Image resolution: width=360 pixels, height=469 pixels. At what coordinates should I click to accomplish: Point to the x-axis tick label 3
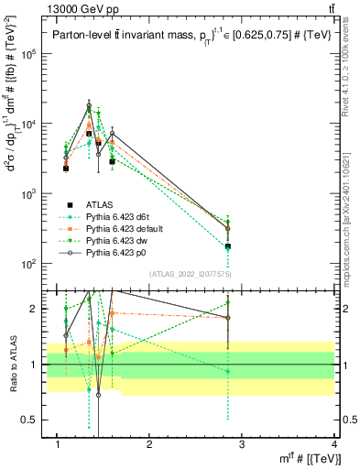[242, 445]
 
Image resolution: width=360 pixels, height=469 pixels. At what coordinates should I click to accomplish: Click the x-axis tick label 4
[334, 445]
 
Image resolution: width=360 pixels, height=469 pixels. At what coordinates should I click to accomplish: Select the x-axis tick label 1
[57, 445]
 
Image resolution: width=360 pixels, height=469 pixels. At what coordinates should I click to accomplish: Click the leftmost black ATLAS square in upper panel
[66, 169]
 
